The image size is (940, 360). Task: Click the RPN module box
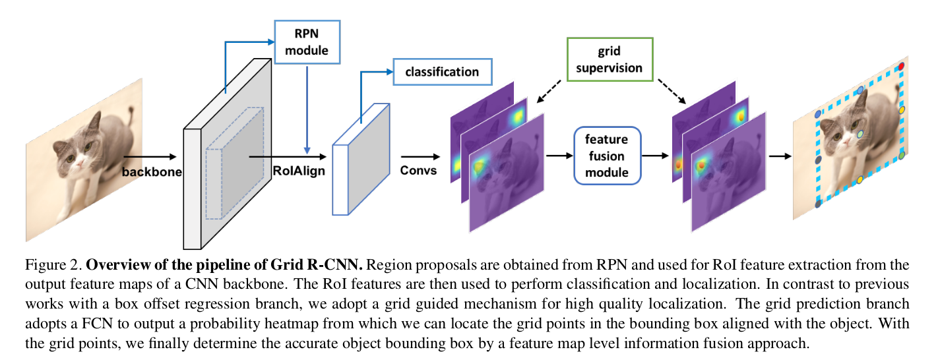point(306,42)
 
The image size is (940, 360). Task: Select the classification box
point(442,71)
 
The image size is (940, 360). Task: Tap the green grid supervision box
point(610,59)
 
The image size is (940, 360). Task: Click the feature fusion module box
point(606,156)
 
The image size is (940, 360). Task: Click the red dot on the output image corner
point(902,67)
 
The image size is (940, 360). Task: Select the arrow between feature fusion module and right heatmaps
point(655,156)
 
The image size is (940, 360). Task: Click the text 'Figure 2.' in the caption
point(53,266)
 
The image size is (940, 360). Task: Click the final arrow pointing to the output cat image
point(780,156)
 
